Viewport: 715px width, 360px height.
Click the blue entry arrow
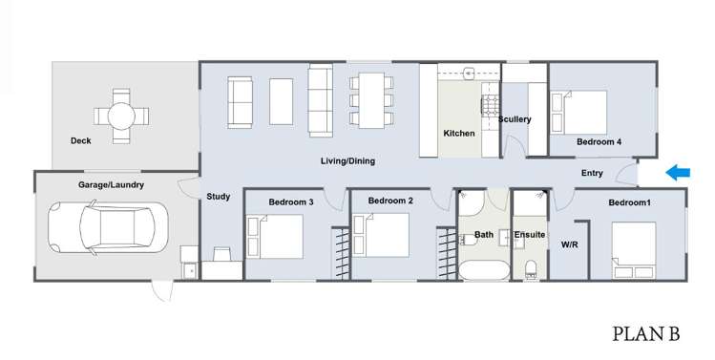click(678, 173)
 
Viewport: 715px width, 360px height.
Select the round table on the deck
click(121, 116)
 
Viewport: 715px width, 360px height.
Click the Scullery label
click(515, 120)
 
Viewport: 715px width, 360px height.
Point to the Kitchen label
click(459, 134)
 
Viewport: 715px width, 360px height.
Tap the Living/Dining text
click(347, 161)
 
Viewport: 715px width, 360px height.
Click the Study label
click(218, 198)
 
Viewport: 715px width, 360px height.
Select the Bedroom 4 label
click(599, 142)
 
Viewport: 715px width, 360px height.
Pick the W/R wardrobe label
click(569, 245)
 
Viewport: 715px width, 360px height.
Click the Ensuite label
click(529, 235)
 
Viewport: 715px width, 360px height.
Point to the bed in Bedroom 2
click(382, 236)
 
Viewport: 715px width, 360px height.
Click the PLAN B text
click(645, 333)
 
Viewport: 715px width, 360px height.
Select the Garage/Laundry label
click(111, 184)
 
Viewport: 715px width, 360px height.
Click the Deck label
click(81, 141)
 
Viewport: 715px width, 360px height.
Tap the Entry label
click(592, 173)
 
